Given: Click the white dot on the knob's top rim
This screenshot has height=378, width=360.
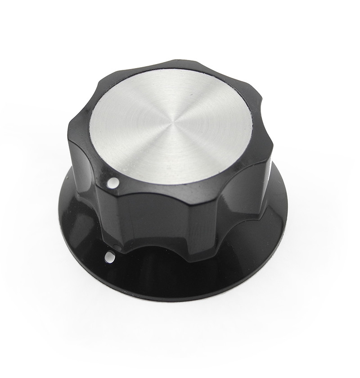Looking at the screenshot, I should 113,183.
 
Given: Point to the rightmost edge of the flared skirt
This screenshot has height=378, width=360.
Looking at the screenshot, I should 287,198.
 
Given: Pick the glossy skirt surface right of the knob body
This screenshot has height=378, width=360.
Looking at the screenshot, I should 270,225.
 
